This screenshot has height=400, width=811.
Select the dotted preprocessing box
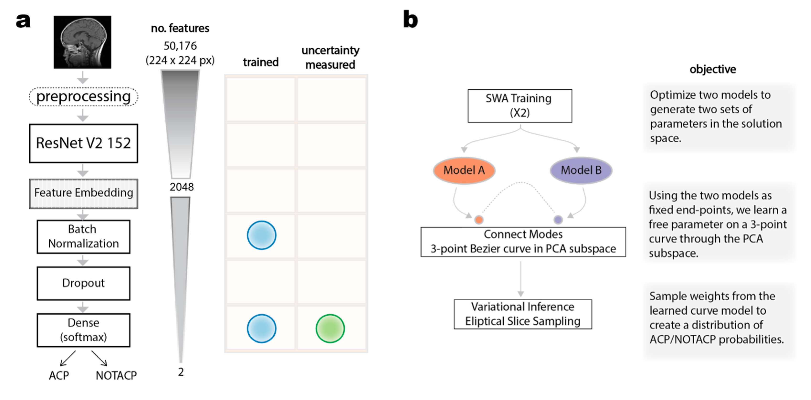click(x=84, y=97)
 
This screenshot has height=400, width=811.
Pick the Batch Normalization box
click(x=84, y=236)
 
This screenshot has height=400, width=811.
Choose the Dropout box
click(x=84, y=283)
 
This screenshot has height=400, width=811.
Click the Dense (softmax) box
click(x=84, y=330)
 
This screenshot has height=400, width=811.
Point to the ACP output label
click(x=59, y=375)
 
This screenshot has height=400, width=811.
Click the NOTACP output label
click(x=116, y=375)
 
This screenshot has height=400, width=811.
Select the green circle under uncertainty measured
click(x=330, y=328)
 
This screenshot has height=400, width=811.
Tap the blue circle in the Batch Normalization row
click(x=261, y=235)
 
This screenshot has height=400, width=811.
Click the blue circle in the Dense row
click(x=261, y=328)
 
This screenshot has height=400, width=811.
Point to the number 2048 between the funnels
click(x=182, y=187)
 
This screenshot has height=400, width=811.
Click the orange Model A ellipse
click(x=464, y=170)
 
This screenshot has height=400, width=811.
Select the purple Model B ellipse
click(x=581, y=170)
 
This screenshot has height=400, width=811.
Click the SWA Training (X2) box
click(x=519, y=106)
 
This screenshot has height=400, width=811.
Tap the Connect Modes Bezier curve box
click(x=523, y=241)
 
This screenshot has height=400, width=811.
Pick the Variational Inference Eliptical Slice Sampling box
click(x=523, y=314)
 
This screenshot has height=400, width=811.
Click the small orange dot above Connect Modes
click(x=479, y=220)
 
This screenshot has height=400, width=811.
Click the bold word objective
click(x=712, y=69)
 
